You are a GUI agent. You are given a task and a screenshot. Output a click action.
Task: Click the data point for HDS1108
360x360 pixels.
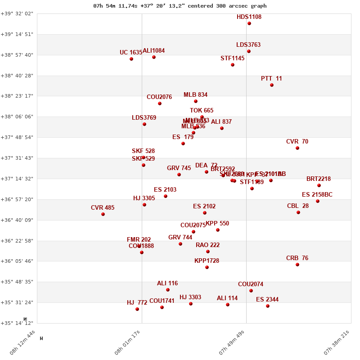(249, 23)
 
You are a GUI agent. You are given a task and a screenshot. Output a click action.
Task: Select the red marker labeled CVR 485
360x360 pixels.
(103, 214)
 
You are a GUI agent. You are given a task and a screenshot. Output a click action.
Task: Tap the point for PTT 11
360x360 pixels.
(272, 85)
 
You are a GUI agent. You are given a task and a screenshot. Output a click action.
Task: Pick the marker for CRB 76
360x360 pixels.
(297, 265)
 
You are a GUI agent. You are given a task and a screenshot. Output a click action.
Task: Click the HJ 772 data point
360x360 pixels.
(137, 309)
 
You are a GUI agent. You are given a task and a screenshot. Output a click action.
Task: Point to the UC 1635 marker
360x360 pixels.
(131, 59)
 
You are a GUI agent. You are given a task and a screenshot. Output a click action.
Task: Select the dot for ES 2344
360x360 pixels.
(268, 306)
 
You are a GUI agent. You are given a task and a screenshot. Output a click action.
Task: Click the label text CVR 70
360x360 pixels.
(297, 142)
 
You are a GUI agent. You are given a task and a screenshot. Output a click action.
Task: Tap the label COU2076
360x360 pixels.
(159, 97)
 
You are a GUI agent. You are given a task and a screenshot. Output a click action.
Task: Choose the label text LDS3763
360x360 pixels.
(248, 45)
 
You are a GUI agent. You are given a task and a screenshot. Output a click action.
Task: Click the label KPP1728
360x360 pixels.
(207, 261)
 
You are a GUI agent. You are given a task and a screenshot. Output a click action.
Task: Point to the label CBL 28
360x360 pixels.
(298, 206)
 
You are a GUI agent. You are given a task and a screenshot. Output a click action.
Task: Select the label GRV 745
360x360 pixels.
(179, 168)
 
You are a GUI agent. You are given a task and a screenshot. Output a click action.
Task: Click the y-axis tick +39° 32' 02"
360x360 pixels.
(17, 13)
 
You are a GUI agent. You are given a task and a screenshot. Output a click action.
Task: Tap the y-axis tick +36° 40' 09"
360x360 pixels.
(17, 220)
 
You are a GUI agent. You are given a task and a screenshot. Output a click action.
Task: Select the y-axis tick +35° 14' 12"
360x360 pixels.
(17, 323)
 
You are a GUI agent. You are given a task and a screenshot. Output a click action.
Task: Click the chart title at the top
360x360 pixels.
(180, 6)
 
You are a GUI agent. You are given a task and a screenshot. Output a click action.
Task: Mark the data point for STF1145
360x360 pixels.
(233, 65)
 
